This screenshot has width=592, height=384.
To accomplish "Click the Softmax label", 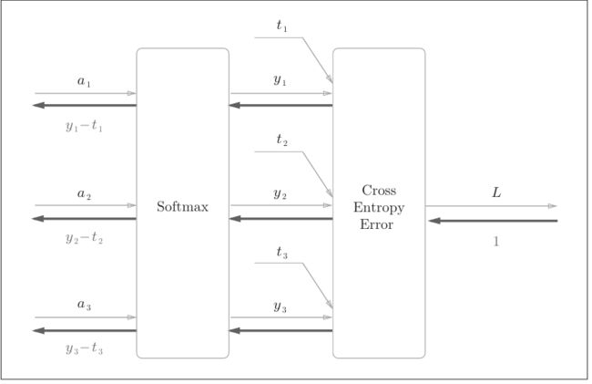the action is pyautogui.click(x=182, y=207).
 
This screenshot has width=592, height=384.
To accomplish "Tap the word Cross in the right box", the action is pyautogui.click(x=379, y=190).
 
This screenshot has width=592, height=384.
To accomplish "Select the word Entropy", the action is pyautogui.click(x=379, y=208).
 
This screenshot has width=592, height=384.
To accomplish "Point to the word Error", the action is pyautogui.click(x=376, y=224).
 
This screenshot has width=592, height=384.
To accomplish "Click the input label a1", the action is pyautogui.click(x=84, y=81).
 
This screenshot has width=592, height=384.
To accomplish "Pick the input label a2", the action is pyautogui.click(x=84, y=194).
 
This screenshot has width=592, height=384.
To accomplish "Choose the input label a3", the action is pyautogui.click(x=84, y=305).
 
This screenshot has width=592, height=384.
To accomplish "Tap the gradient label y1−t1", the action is pyautogui.click(x=84, y=125).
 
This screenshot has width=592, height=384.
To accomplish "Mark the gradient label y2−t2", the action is pyautogui.click(x=84, y=237).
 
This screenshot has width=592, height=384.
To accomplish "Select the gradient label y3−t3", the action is pyautogui.click(x=84, y=348).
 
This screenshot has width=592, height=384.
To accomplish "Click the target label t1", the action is pyautogui.click(x=281, y=26).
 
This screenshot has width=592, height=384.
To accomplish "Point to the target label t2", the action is pyautogui.click(x=281, y=140).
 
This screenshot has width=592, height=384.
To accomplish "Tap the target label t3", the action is pyautogui.click(x=281, y=252).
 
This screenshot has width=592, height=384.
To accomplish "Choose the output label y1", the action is pyautogui.click(x=280, y=80).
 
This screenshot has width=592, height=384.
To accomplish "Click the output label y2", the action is pyautogui.click(x=280, y=194).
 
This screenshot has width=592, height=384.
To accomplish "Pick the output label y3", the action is pyautogui.click(x=280, y=306).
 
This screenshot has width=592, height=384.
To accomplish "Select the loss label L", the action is pyautogui.click(x=496, y=192).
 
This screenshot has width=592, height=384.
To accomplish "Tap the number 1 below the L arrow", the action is pyautogui.click(x=496, y=241).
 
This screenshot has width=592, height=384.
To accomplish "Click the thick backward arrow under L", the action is pyautogui.click(x=493, y=221).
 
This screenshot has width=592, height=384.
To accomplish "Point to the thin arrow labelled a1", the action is pyautogui.click(x=86, y=93).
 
